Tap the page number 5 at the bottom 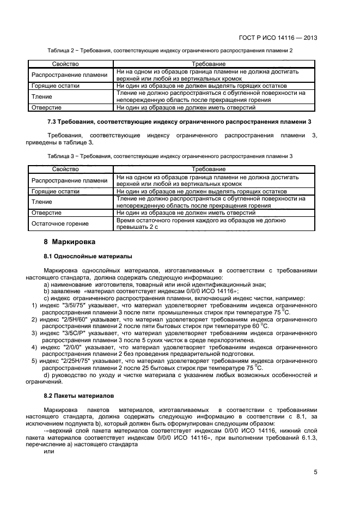click(315, 473)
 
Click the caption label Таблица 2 click(61, 50)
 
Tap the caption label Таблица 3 click(61, 156)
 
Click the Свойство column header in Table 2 click(65, 64)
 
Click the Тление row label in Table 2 click(42, 96)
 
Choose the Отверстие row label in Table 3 click(46, 213)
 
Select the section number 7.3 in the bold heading click(53, 120)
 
